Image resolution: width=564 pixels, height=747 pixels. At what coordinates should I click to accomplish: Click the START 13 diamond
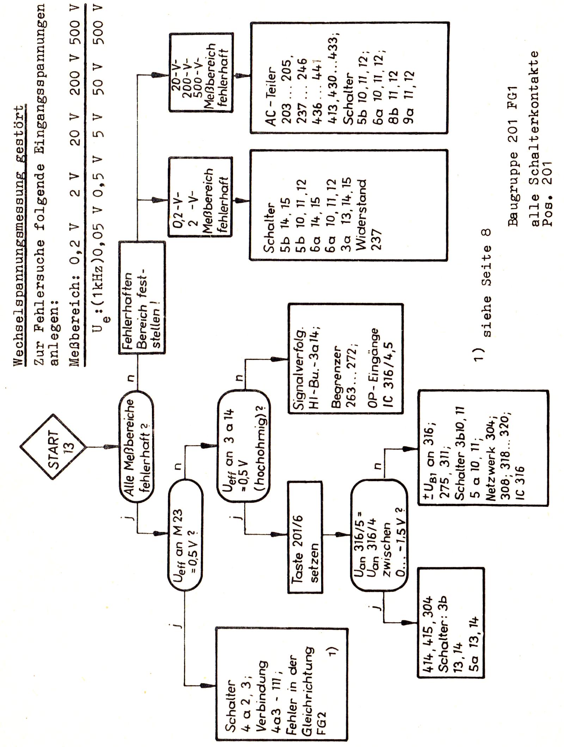(x=53, y=447)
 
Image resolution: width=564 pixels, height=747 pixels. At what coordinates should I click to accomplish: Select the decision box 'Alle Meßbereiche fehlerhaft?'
(x=136, y=447)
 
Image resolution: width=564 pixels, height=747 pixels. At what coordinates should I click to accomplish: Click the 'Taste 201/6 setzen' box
(x=305, y=537)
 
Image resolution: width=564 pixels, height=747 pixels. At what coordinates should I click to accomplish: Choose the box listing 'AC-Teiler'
(x=349, y=78)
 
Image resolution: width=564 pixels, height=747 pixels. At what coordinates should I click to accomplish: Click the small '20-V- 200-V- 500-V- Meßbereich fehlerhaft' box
(x=201, y=73)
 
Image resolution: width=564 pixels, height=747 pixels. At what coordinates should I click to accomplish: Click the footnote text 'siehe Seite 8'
(x=486, y=282)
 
